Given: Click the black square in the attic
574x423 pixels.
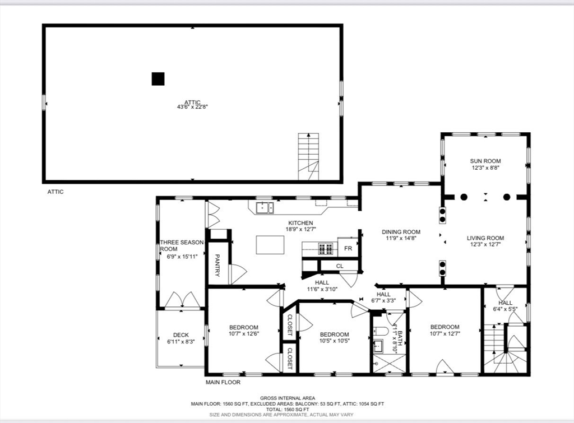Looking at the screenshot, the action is click(158, 78).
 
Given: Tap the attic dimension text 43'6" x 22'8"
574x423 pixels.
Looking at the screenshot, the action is click(193, 107).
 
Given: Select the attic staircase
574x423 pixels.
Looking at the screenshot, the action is click(308, 157).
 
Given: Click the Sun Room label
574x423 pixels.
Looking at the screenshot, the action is click(485, 161).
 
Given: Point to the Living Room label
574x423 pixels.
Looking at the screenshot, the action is click(485, 238).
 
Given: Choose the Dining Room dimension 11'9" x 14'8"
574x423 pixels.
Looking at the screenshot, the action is click(401, 238).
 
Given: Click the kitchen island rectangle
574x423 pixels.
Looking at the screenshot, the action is click(270, 245).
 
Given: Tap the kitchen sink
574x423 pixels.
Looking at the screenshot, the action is click(265, 207).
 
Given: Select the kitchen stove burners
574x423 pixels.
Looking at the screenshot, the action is click(326, 249).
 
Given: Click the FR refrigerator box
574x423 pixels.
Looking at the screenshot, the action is click(348, 248).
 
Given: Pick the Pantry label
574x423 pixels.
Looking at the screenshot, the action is click(217, 266).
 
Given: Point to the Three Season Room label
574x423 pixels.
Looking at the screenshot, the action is click(182, 245).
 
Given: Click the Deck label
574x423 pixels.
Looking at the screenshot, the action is click(181, 335).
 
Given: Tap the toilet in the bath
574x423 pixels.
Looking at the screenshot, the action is click(381, 332).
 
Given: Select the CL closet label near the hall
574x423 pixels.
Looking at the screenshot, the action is click(340, 266).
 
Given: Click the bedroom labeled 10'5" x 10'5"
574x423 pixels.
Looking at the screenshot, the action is click(334, 337).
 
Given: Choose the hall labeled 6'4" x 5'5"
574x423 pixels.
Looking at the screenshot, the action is click(505, 306).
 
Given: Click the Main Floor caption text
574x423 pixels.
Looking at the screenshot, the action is click(223, 383).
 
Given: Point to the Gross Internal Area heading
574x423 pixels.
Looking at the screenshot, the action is click(288, 398).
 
